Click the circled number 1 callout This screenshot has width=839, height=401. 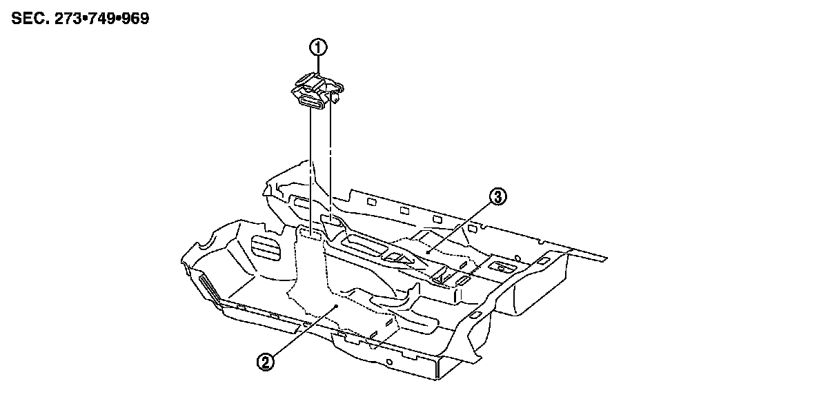(317, 48)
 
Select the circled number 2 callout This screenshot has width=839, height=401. (264, 360)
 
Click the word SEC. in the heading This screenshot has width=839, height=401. (28, 18)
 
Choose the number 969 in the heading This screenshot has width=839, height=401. (132, 18)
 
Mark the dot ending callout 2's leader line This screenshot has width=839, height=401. (335, 304)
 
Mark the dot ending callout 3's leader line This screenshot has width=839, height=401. (428, 252)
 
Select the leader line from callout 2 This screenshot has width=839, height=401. (301, 331)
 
